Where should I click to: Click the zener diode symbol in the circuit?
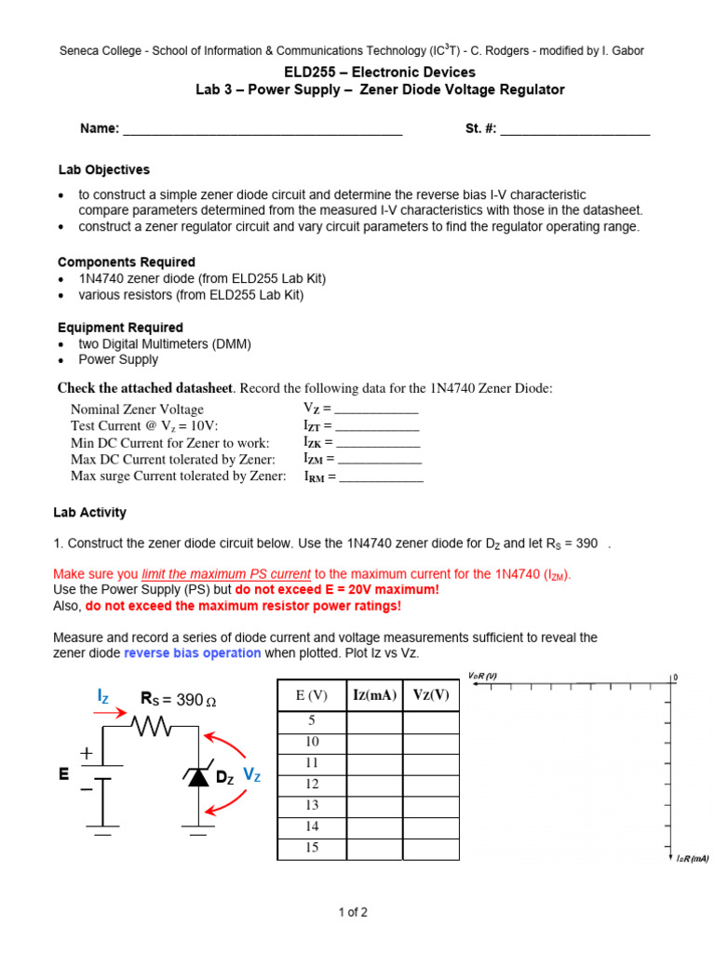(198, 776)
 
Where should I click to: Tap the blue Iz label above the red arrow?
(104, 696)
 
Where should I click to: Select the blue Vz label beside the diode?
(251, 774)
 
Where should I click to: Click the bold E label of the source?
(64, 773)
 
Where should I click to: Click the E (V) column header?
(312, 695)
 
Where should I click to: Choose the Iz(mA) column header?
(374, 695)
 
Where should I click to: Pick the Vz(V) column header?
(430, 695)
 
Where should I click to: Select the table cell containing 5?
(312, 721)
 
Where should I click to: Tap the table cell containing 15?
(312, 848)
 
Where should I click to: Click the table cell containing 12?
(312, 785)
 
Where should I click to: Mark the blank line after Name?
(263, 131)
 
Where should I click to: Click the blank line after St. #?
(574, 131)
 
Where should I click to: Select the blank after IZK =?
(378, 444)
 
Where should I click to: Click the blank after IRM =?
(381, 477)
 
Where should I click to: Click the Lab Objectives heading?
(103, 170)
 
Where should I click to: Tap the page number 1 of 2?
(353, 912)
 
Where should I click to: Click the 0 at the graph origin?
(675, 678)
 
